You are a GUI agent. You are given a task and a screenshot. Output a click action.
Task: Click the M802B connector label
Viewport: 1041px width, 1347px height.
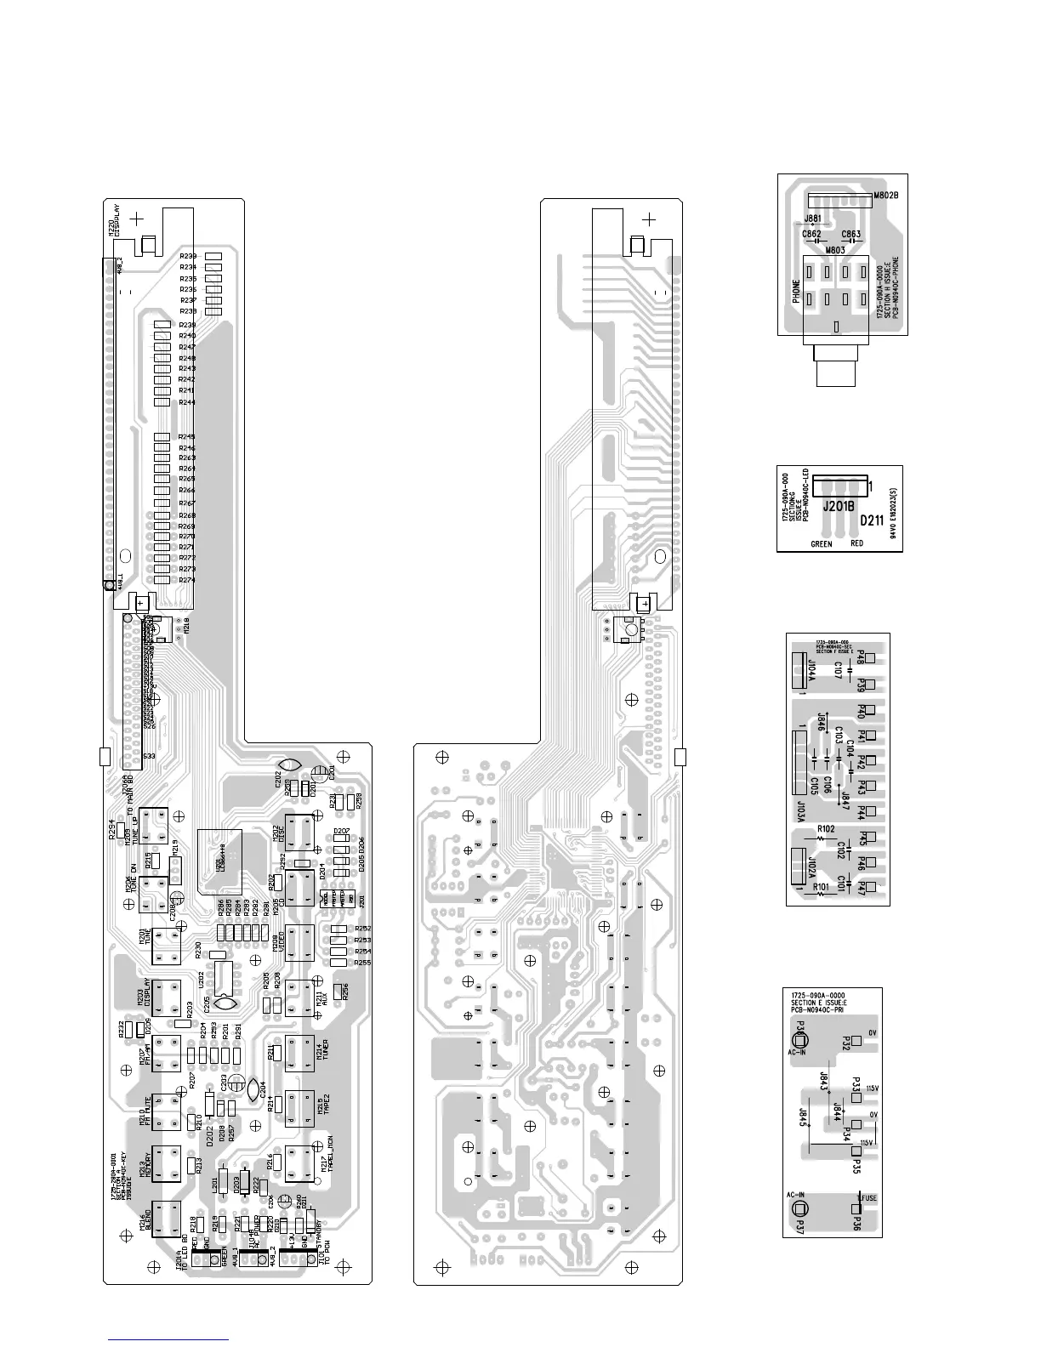pos(887,195)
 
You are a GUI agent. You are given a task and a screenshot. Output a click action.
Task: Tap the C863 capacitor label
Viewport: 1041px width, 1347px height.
pos(850,234)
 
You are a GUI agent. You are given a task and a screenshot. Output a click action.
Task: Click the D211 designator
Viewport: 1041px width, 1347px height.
pos(873,519)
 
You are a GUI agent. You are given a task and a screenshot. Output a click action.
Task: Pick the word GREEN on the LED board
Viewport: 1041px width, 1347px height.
pos(821,543)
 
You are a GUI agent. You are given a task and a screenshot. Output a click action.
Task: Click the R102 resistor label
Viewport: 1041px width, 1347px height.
pos(826,827)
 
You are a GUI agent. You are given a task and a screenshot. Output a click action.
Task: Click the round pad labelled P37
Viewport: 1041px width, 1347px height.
pos(799,1210)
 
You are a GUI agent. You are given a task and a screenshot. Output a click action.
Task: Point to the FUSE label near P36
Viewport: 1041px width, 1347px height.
pos(867,1198)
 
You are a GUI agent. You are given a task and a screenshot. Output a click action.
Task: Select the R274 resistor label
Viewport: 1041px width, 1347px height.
pos(187,580)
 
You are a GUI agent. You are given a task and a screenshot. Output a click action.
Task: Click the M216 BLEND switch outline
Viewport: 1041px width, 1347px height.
pos(166,1219)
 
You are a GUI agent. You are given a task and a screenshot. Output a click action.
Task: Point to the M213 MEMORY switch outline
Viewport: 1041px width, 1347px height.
pos(167,1164)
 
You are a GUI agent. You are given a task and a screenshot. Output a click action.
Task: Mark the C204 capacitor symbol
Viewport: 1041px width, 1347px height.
pos(253,1087)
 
